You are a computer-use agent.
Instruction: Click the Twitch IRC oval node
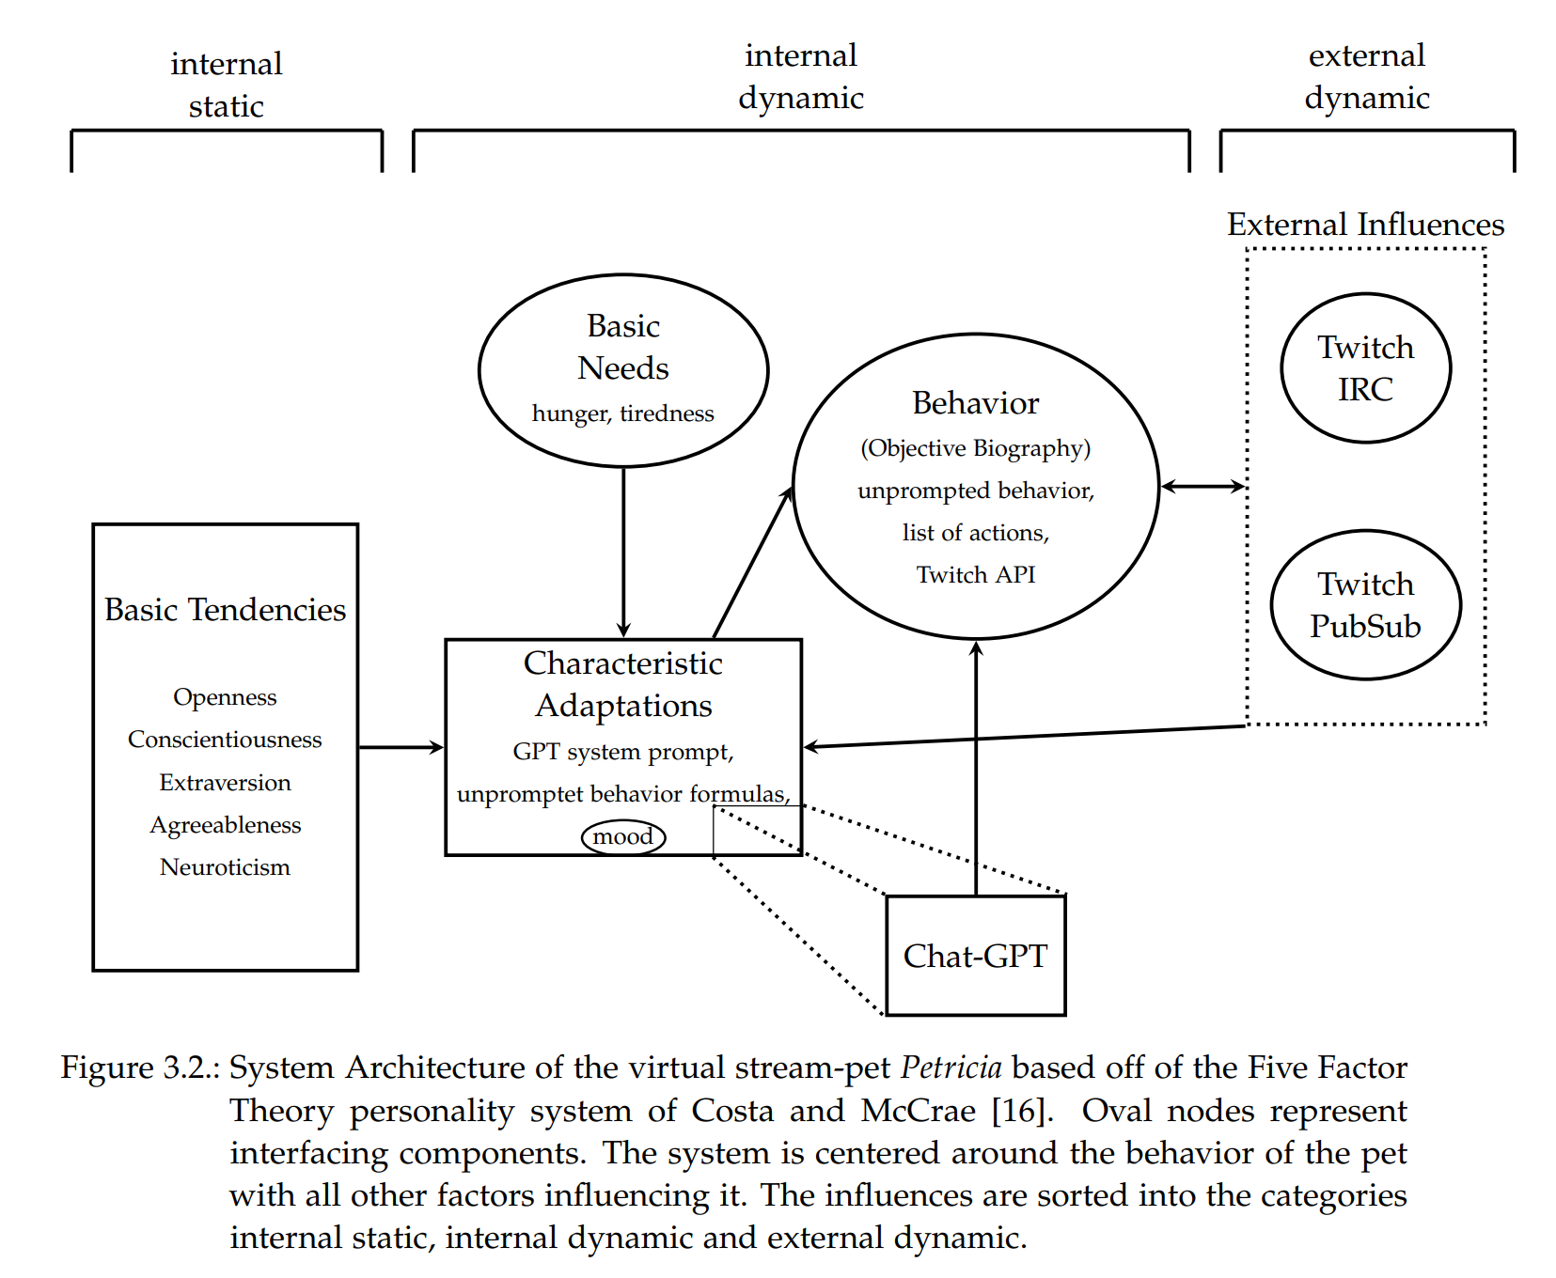[1365, 368]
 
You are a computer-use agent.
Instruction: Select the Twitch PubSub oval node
[1365, 605]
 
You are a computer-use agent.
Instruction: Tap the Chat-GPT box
[975, 956]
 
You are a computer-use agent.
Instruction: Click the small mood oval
[623, 836]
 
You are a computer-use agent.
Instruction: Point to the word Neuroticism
[225, 866]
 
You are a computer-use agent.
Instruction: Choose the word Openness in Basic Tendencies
[225, 697]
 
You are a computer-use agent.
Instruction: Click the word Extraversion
[225, 782]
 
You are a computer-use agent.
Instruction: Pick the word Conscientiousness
[225, 740]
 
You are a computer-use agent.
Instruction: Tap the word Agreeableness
[225, 824]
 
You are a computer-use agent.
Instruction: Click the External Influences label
[1365, 225]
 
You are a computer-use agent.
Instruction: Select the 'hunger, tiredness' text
[622, 413]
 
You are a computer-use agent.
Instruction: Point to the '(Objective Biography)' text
[975, 448]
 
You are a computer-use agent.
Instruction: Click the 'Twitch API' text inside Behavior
[975, 574]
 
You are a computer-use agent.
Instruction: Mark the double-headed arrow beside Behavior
[1202, 486]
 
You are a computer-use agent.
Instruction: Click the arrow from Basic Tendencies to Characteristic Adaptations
[401, 747]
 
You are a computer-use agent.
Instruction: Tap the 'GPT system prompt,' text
[622, 752]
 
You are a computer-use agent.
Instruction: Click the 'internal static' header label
[226, 85]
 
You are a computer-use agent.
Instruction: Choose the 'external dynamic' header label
[1366, 76]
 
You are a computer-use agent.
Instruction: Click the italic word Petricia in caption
[951, 1068]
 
